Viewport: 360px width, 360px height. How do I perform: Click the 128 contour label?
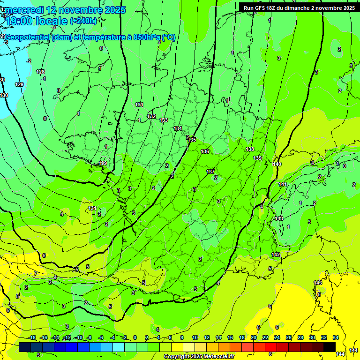click(40, 72)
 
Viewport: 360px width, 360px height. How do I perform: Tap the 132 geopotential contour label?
click(151, 116)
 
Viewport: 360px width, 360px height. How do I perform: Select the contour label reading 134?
click(178, 128)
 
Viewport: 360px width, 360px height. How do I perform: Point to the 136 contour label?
click(205, 151)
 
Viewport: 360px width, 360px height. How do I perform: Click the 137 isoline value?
click(210, 172)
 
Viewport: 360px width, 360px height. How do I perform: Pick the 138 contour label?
click(250, 149)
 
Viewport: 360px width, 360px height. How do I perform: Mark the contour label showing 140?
click(277, 164)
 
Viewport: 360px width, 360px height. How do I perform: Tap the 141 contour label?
click(282, 184)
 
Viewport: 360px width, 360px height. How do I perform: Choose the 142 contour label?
click(276, 255)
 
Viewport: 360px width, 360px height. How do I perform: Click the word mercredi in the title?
click(25, 10)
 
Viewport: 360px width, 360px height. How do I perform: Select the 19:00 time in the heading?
click(18, 21)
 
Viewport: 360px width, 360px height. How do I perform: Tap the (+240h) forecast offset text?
click(83, 21)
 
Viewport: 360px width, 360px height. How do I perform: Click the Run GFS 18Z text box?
click(299, 8)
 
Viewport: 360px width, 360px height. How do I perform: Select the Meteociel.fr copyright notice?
click(199, 356)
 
